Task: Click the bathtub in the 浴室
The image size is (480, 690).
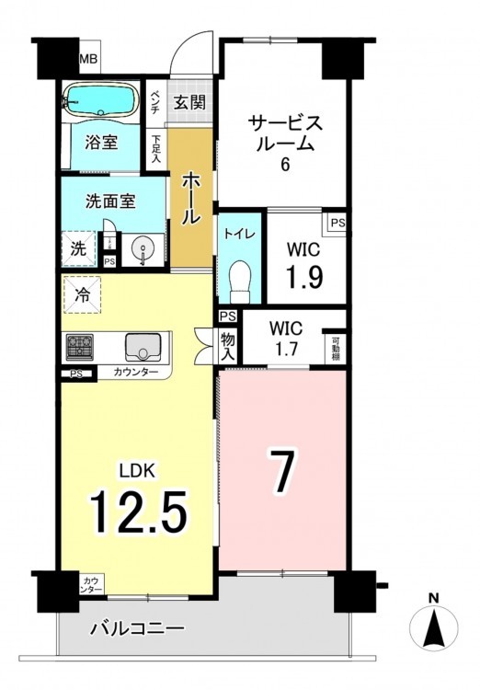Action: [99, 100]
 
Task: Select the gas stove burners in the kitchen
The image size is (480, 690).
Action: [80, 345]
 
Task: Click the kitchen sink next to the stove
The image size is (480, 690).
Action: [143, 346]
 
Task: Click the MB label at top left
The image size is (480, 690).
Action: [88, 59]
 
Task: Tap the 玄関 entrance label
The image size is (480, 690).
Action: [189, 102]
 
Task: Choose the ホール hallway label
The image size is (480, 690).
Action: [191, 199]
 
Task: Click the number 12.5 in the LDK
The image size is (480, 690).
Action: [139, 512]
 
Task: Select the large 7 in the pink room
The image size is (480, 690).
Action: [283, 471]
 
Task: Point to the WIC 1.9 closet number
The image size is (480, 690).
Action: [305, 276]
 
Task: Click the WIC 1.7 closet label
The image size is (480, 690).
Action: [286, 338]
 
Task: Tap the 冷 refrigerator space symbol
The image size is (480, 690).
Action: [82, 294]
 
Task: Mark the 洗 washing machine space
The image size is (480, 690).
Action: [79, 248]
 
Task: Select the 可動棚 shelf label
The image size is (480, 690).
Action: [336, 349]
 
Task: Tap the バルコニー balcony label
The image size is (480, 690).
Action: [137, 629]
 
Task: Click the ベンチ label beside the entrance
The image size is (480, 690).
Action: [154, 102]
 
